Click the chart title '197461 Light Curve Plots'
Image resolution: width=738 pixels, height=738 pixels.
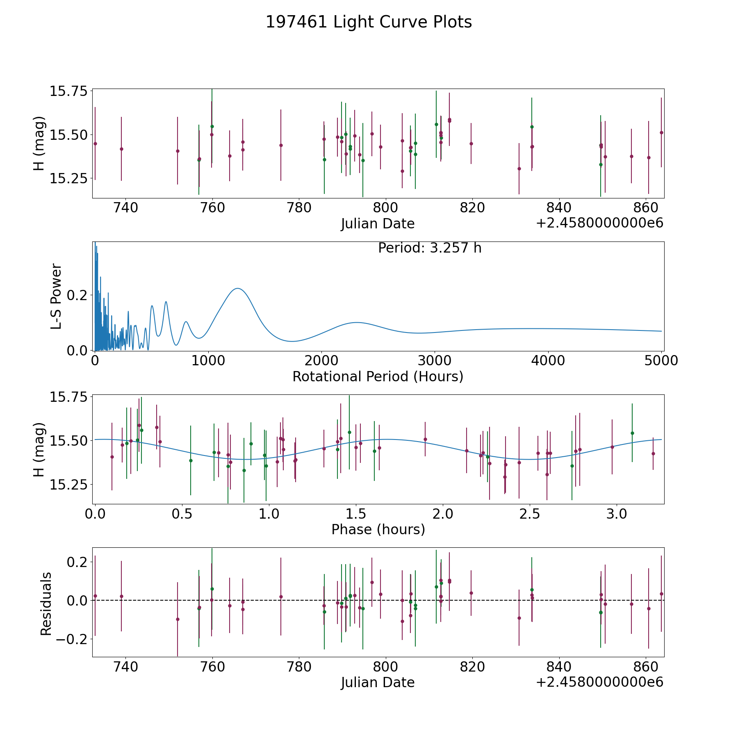pos(369,22)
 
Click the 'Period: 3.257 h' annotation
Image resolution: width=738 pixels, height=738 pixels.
pos(430,248)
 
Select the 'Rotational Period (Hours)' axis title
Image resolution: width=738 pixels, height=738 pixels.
pos(378,376)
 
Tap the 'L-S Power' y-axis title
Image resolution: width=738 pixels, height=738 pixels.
pos(56,296)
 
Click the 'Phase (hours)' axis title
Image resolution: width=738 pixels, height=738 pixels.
pos(378,529)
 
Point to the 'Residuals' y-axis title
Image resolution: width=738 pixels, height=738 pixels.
pos(46,604)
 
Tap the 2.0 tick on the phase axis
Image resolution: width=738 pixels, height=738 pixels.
pos(443,514)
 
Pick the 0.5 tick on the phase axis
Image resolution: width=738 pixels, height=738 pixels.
pos(182,514)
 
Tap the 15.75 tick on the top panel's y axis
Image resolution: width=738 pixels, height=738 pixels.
pos(69,91)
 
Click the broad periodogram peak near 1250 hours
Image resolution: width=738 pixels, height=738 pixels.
pos(237,289)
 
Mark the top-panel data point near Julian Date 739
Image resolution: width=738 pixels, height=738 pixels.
pos(121,149)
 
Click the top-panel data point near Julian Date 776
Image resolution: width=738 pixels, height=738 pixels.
pos(281,145)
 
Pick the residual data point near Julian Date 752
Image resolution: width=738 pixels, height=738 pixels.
pos(178,619)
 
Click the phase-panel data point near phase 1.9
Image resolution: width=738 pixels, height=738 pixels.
pos(425,439)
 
